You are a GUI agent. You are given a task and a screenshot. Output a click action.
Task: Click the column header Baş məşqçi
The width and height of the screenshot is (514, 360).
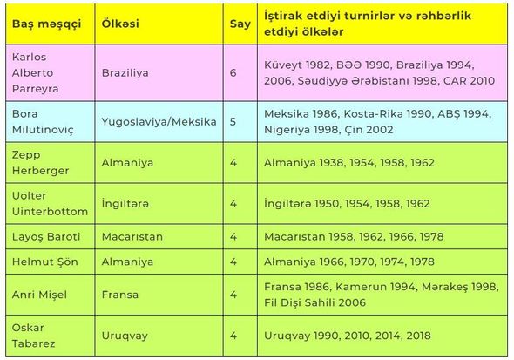click(46, 24)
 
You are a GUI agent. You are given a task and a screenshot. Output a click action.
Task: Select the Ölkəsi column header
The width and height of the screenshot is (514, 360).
click(120, 24)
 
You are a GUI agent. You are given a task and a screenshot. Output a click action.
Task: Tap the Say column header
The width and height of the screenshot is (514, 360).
click(240, 24)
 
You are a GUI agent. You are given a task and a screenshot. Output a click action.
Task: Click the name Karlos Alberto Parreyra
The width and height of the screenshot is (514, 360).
click(36, 73)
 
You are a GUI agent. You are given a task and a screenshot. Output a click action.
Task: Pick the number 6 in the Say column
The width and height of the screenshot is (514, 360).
click(233, 73)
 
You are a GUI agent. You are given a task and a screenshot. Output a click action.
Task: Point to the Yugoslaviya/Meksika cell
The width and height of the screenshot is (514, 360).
click(159, 122)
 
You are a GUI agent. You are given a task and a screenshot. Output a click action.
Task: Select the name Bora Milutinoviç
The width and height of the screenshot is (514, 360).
click(43, 122)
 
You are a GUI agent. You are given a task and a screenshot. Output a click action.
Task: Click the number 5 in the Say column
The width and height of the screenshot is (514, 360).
click(233, 122)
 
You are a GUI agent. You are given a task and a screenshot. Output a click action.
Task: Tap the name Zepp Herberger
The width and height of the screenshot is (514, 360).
click(40, 163)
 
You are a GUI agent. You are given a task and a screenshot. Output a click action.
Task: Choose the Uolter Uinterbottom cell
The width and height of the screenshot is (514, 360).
click(50, 204)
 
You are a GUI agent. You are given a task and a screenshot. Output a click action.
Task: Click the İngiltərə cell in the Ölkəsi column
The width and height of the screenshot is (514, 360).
click(125, 204)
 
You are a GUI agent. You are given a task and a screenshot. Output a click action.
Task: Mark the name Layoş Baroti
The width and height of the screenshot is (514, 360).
click(46, 237)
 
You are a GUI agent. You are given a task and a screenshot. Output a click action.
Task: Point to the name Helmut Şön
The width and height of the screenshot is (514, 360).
click(45, 262)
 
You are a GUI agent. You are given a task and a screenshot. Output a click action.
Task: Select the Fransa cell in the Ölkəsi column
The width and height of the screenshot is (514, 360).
click(120, 295)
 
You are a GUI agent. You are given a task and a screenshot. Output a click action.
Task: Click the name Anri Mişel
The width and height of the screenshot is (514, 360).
click(39, 295)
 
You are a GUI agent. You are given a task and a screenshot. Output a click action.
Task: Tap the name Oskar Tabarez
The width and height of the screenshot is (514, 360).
click(33, 336)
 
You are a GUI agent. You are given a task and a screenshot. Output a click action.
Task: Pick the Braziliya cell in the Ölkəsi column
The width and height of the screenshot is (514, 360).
click(125, 73)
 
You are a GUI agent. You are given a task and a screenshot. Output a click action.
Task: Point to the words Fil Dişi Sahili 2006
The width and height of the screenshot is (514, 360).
click(314, 302)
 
